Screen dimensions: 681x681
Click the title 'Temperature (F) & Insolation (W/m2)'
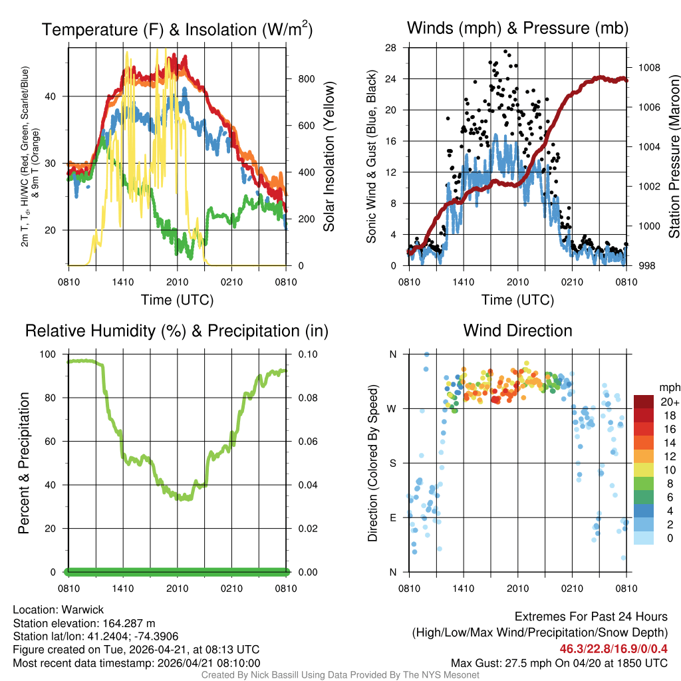coord(177,29)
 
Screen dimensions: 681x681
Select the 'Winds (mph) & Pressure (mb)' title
coord(517,28)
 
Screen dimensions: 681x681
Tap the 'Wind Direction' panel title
coord(517,331)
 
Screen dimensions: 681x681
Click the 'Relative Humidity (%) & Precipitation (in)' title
coord(177,331)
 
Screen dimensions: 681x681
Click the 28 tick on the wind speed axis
coord(390,47)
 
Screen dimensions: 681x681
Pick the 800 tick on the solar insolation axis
coord(305,78)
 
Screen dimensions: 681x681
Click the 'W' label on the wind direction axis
coord(393,408)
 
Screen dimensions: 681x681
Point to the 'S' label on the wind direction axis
coord(393,463)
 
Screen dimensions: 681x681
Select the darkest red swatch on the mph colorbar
coord(644,402)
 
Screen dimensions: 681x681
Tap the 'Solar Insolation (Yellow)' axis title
coord(329,157)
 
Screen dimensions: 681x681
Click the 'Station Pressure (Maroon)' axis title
coord(674,157)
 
